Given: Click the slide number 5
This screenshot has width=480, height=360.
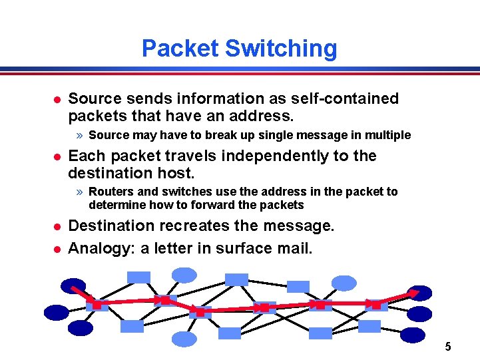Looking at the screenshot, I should click(447, 346).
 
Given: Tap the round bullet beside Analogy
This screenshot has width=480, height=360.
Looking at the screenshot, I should click(57, 249).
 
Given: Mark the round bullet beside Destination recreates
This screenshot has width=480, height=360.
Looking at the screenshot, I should click(57, 226).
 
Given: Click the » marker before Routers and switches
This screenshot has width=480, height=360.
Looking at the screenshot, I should click(79, 192).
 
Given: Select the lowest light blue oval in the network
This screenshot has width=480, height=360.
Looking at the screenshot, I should click(184, 339).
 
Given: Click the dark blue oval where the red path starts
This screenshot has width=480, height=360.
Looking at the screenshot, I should click(73, 286).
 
